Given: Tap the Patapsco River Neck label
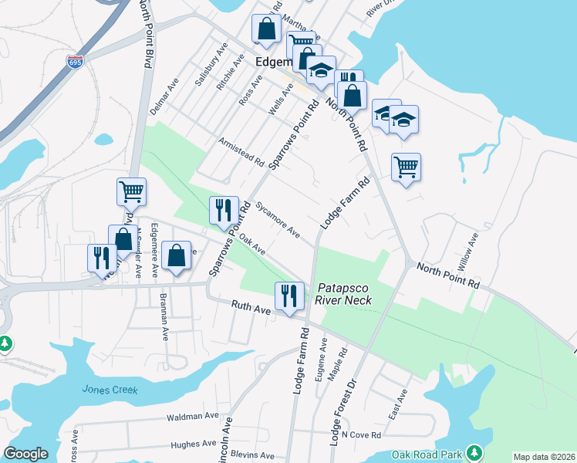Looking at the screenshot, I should (x=344, y=294).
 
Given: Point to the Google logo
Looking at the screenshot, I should (x=26, y=454).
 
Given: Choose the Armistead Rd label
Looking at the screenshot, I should (x=241, y=153).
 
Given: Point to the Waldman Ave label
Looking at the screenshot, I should (x=193, y=417).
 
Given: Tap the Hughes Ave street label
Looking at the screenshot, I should (x=194, y=444).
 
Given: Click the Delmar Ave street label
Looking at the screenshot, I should (x=164, y=96).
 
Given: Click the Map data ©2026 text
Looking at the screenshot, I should (x=545, y=457).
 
